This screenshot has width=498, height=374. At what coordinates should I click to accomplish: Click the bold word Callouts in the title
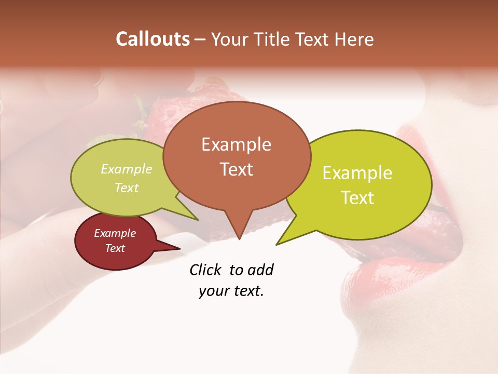click(153, 39)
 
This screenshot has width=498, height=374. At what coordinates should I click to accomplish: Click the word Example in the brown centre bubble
click(236, 144)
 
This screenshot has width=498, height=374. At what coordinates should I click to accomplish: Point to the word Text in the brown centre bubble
click(236, 169)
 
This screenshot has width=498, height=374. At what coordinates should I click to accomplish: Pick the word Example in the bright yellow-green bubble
click(357, 173)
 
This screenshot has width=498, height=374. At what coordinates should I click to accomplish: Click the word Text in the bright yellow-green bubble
click(357, 198)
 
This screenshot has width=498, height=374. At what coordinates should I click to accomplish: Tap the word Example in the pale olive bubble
click(127, 169)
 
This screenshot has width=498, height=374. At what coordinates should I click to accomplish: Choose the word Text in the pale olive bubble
click(127, 188)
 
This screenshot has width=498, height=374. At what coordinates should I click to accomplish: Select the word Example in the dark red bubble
click(115, 233)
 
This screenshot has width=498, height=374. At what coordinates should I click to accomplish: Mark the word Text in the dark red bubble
click(115, 248)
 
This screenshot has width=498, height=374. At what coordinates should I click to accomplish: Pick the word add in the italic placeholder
click(260, 270)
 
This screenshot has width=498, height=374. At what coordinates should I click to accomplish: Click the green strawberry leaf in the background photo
click(140, 106)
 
